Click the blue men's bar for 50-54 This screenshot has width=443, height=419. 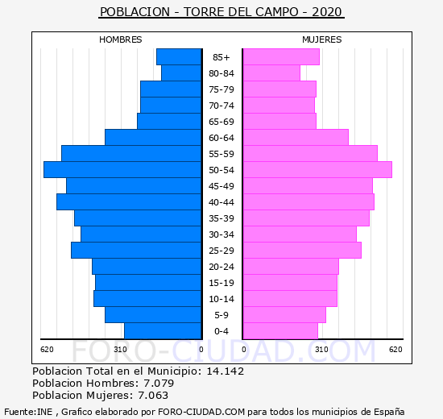tap(122, 170)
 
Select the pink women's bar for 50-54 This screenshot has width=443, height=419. tap(317, 170)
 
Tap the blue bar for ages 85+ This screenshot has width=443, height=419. tap(179, 57)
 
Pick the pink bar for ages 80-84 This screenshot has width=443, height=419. tap(271, 73)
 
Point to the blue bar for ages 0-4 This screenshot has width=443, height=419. tap(163, 331)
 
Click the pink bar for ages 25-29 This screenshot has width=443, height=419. tap(302, 251)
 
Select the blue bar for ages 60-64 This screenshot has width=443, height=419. tap(153, 138)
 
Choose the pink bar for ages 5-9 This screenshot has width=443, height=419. tap(284, 315)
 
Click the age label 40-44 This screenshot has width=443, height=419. tap(221, 202)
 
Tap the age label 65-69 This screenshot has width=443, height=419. tap(221, 122)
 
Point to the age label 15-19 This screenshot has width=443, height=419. tap(221, 283)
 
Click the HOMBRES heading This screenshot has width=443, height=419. tap(120, 39)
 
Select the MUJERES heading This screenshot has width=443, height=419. tap(322, 39)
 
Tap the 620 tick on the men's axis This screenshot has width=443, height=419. tap(47, 350)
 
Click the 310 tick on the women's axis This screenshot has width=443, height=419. tap(322, 350)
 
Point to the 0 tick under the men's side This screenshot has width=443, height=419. tap(201, 350)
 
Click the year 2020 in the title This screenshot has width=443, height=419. tap(327, 12)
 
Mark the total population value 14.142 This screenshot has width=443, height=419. tap(226, 371)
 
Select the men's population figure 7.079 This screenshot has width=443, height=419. tap(159, 383)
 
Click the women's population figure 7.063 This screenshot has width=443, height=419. tap(153, 395)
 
